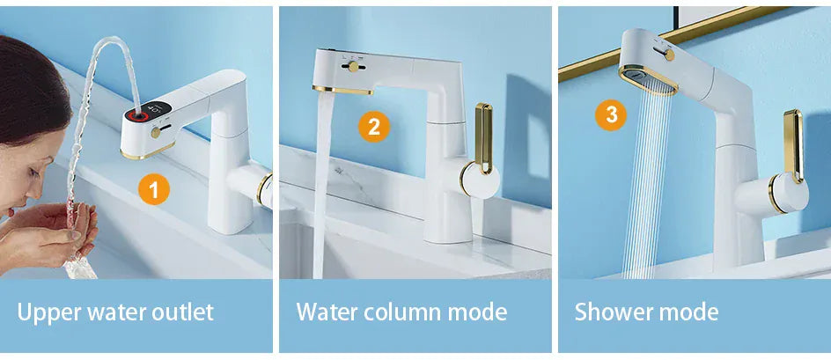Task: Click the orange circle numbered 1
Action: tap(154, 189)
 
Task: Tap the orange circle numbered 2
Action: tap(374, 128)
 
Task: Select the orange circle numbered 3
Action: tap(611, 115)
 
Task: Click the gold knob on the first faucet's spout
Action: tap(156, 132)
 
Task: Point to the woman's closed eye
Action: tap(34, 172)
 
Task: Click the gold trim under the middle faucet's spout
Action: tap(343, 90)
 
